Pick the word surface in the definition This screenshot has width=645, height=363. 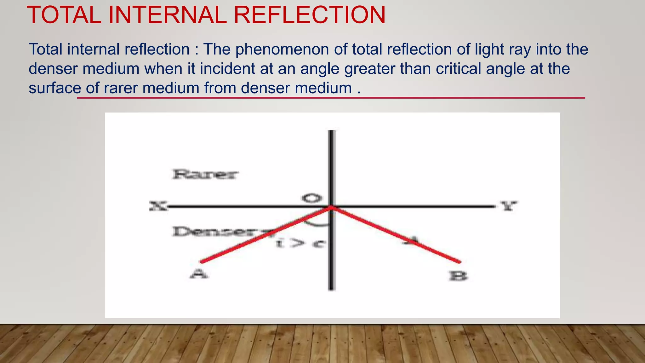tap(55, 88)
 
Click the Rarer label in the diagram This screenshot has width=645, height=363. tap(205, 174)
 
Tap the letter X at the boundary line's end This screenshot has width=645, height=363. tap(157, 206)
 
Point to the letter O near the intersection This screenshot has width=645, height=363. tap(312, 198)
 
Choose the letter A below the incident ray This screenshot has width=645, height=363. tap(199, 274)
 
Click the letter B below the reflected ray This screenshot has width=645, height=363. tap(458, 276)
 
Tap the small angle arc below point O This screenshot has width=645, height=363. tap(317, 224)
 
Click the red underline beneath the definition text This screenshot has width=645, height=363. tap(331, 98)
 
